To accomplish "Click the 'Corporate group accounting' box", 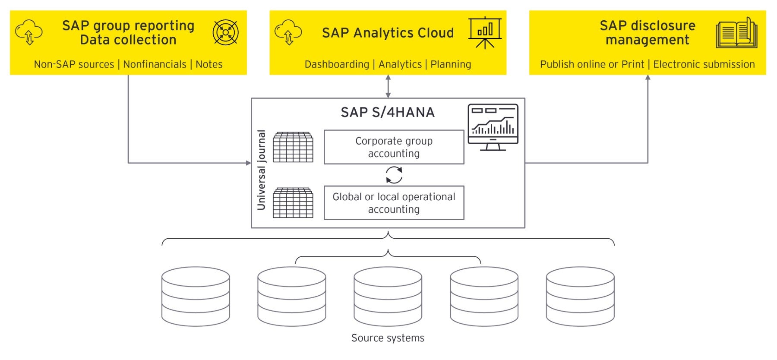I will [394, 147].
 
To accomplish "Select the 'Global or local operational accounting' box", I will [394, 203].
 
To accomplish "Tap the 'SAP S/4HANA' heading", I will [388, 112].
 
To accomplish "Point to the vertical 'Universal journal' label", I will [261, 170].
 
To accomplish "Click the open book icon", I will [736, 33].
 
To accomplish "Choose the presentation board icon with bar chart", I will [485, 32].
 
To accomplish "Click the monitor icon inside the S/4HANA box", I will [493, 127].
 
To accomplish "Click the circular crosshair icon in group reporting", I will [225, 32].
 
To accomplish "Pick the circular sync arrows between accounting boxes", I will [394, 175].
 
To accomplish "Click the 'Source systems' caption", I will [388, 338].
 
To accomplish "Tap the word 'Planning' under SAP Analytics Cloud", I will [451, 64].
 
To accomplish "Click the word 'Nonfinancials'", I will [155, 64].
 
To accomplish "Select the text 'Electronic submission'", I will [704, 64].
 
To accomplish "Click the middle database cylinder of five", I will [388, 296].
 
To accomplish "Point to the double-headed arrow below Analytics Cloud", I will [388, 86].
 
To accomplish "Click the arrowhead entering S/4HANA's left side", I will [249, 163].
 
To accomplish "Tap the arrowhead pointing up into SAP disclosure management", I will [647, 78].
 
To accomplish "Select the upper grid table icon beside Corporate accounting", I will [293, 147].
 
